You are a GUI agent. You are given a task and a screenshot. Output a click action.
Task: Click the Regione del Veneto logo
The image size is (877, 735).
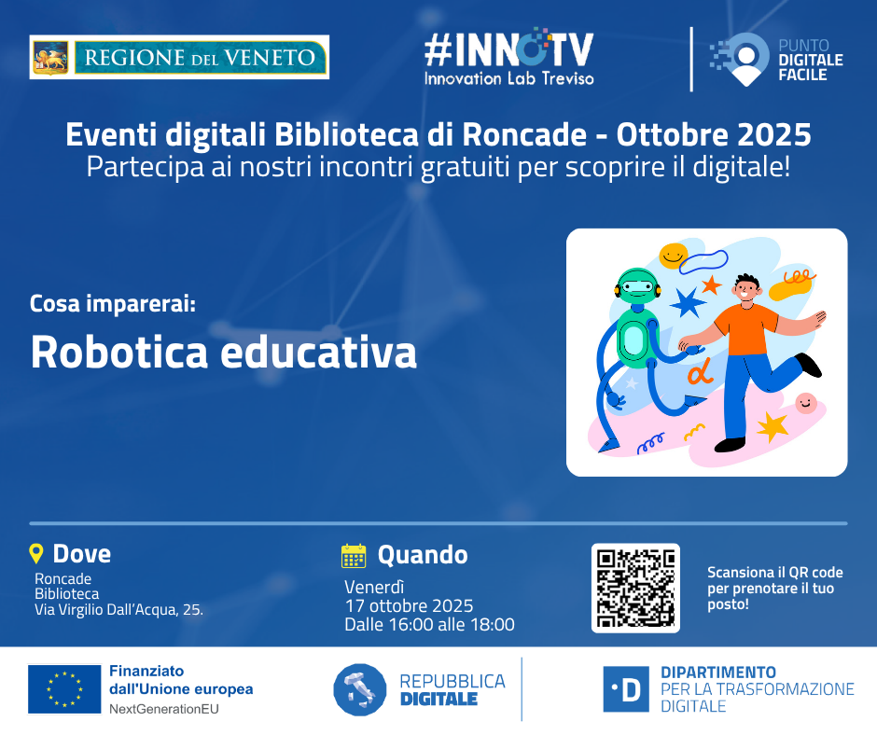pyautogui.click(x=179, y=57)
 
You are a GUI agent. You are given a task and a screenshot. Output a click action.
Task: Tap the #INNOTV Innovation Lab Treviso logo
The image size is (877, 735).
pyautogui.click(x=509, y=57)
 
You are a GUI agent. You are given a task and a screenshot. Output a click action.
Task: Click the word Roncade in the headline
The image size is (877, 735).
pyautogui.click(x=524, y=134)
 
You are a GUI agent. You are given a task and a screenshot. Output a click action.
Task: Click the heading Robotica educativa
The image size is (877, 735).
pyautogui.click(x=224, y=352)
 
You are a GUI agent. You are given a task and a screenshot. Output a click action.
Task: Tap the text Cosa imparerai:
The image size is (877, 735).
pyautogui.click(x=112, y=304)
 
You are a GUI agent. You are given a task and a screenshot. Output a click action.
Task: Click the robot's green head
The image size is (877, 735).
pyautogui.click(x=637, y=287)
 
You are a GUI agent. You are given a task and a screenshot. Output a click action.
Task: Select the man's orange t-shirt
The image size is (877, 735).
pyautogui.click(x=745, y=329)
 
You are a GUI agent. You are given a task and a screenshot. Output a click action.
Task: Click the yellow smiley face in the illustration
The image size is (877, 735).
pyautogui.click(x=674, y=255)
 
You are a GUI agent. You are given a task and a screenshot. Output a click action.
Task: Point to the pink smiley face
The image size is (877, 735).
pyautogui.click(x=806, y=403)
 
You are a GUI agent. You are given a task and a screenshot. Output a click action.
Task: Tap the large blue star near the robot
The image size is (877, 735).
pyautogui.click(x=688, y=302)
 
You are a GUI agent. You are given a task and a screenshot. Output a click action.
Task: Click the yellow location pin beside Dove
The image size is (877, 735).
pyautogui.click(x=35, y=553)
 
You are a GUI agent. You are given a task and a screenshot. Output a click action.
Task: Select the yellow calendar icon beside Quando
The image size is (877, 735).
pyautogui.click(x=354, y=555)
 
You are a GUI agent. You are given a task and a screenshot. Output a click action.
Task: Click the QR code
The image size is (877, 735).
pyautogui.click(x=635, y=588)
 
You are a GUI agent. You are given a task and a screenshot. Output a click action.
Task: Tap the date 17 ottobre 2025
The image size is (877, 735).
pyautogui.click(x=409, y=605)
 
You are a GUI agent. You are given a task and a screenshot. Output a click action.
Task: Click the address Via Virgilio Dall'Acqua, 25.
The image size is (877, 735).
pyautogui.click(x=118, y=610)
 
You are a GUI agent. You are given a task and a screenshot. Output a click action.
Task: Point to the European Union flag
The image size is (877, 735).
pyautogui.click(x=64, y=689)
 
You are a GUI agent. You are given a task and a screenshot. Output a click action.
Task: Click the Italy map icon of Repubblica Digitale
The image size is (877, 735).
pyautogui.click(x=359, y=689)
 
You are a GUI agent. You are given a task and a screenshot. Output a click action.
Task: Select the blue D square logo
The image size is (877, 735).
pyautogui.click(x=626, y=689)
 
